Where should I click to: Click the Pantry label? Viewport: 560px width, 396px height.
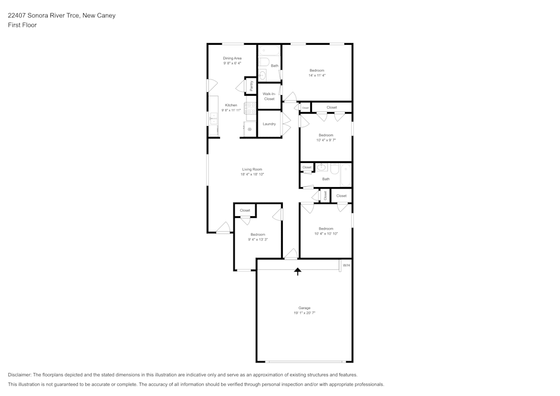coord(251,86)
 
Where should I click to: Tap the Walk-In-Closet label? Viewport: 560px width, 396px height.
coord(269,96)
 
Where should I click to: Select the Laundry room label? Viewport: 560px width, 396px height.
coord(269,124)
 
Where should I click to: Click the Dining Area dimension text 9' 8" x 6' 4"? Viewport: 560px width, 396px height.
coord(232,63)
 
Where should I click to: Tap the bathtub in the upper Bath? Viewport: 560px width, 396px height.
coord(265,62)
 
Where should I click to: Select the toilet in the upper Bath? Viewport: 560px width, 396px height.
coord(262,76)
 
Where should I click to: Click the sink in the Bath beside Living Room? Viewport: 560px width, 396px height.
coord(322,167)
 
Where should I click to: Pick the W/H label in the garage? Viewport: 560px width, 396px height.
coord(346,265)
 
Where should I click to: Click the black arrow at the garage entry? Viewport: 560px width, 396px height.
coord(298,272)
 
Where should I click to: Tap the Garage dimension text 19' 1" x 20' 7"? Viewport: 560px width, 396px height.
coord(305,314)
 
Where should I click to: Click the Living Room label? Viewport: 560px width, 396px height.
coord(252,169)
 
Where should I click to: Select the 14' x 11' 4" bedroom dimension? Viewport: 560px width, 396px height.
coord(317,75)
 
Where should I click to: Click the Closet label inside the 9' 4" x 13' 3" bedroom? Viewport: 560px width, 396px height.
coord(245,211)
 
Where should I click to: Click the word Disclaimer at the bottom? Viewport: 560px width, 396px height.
coord(20,375)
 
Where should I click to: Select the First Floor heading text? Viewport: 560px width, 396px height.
coord(22,25)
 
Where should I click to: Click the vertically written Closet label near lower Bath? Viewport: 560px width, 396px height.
coord(325,195)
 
